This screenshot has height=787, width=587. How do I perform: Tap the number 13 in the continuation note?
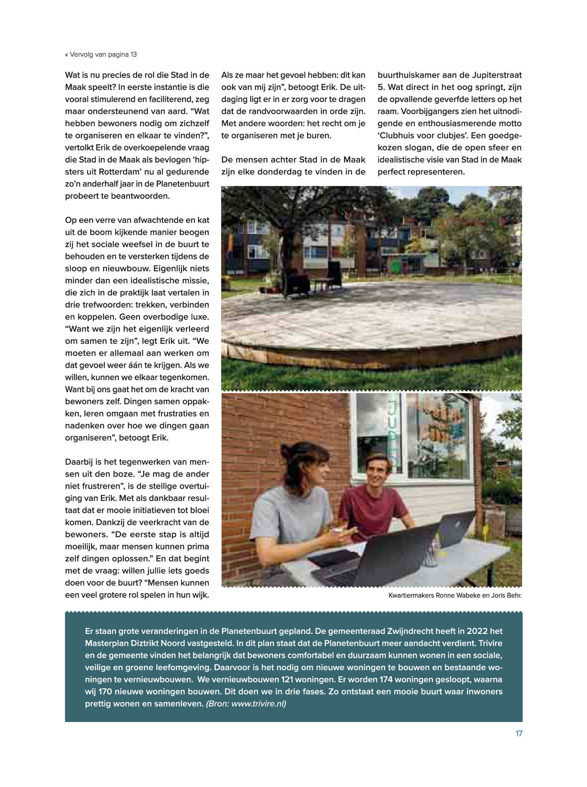tap(134, 55)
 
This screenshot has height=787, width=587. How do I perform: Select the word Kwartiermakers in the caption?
tap(411, 595)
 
